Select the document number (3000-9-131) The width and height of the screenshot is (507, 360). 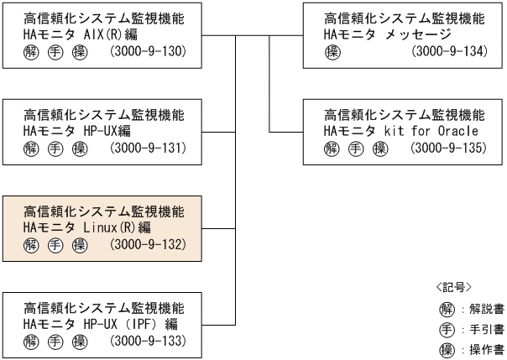(x=148, y=149)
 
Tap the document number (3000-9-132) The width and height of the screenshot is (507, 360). (x=148, y=244)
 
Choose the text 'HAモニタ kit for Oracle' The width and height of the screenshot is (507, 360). (x=401, y=131)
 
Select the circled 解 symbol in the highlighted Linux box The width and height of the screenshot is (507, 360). (x=32, y=244)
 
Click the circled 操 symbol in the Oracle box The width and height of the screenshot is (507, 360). (x=380, y=149)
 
